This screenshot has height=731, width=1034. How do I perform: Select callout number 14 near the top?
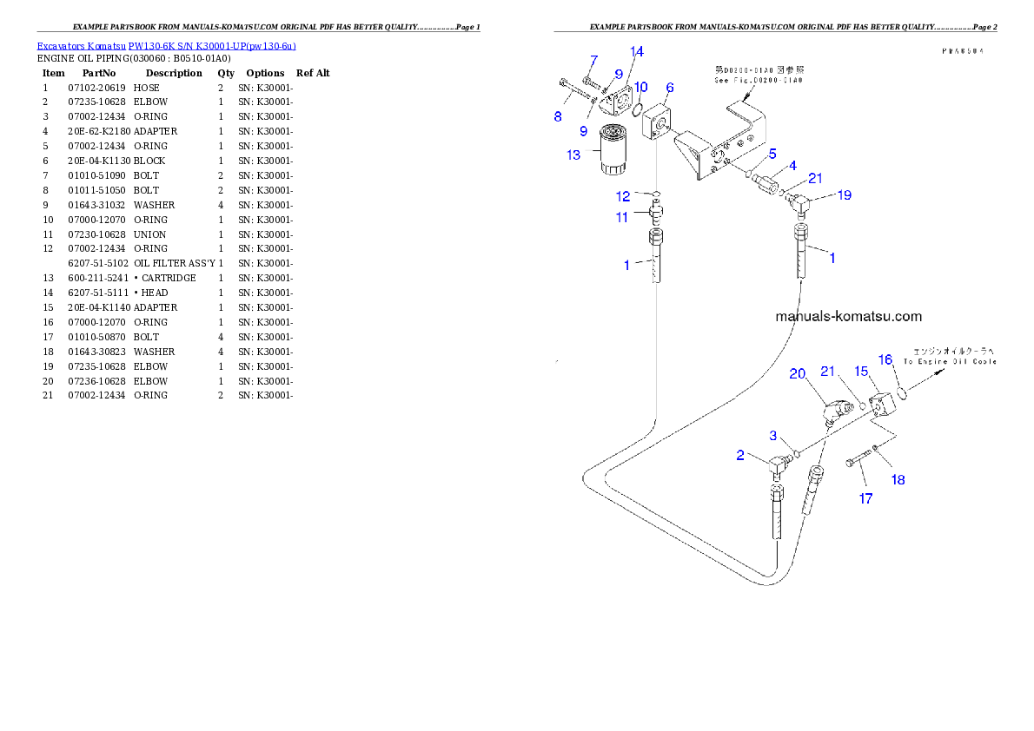637,52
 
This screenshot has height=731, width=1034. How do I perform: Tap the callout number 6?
670,88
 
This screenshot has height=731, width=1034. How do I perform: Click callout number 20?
798,374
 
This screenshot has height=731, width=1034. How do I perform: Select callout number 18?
898,479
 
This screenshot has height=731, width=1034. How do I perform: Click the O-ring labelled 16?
904,393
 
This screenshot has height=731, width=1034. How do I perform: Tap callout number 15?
861,371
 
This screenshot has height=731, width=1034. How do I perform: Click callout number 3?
772,435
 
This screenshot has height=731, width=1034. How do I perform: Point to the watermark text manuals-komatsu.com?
848,317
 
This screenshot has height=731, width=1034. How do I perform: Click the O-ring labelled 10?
638,110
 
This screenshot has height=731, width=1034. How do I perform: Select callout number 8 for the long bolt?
558,116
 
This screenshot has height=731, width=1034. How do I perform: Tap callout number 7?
593,60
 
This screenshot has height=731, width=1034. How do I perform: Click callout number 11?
622,217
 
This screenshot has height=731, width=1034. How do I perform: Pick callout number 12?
624,196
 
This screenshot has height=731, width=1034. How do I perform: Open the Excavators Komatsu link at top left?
166,46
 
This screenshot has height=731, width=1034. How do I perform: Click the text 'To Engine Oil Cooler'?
949,361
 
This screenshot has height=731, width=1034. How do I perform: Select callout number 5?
772,154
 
